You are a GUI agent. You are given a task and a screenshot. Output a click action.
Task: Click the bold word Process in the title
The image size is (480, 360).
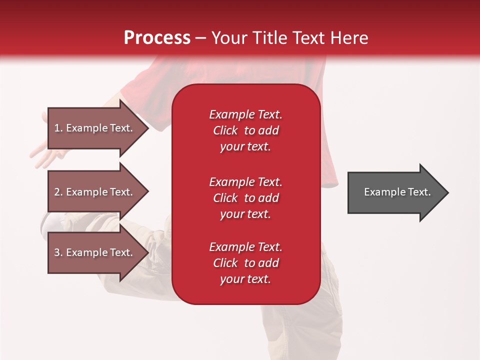tap(157, 38)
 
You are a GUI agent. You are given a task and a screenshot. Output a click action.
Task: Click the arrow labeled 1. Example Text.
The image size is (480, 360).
tap(98, 128)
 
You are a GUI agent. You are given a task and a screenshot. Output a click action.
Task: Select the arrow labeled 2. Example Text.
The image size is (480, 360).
tap(98, 191)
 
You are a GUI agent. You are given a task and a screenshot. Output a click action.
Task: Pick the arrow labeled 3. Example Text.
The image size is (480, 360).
tap(98, 252)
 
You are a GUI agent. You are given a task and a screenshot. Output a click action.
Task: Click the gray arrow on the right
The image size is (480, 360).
tap(398, 192)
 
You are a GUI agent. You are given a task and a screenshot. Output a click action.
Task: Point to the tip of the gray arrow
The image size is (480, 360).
tap(448, 192)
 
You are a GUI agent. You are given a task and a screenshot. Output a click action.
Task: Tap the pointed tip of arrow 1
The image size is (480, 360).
tap(148, 128)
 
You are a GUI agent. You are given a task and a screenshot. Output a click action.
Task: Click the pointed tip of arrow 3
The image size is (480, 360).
tap(148, 252)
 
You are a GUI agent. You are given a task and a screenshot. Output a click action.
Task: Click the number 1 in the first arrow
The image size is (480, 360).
tap(57, 128)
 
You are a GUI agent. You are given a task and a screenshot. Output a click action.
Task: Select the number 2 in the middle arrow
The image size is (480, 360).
tap(57, 192)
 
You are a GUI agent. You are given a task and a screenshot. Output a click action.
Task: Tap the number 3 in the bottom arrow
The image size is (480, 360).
tap(57, 252)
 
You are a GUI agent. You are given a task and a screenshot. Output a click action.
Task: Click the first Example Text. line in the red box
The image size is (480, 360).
tap(246, 114)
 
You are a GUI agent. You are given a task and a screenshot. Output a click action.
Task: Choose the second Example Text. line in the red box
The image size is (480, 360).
tap(246, 182)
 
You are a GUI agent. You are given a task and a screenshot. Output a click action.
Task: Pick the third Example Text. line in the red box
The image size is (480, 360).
tap(246, 247)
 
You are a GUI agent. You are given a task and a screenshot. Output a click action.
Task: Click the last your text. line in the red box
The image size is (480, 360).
tap(245, 279)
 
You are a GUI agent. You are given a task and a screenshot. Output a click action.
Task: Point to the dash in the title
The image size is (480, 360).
tap(201, 39)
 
